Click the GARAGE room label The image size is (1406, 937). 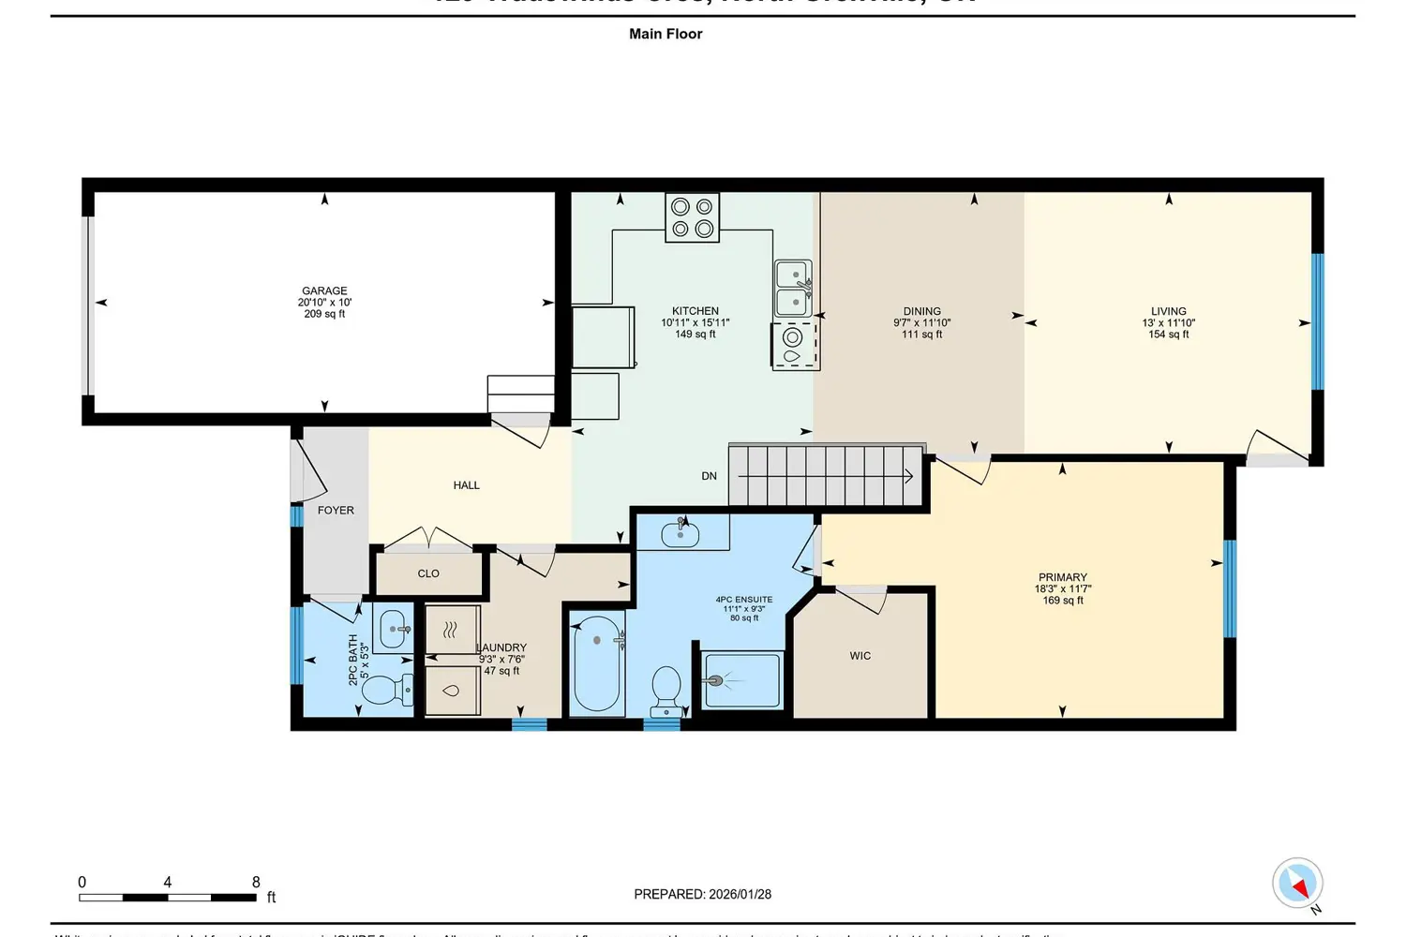pos(324,291)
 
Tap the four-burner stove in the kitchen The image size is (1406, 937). pos(693,217)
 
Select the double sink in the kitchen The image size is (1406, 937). pos(793,289)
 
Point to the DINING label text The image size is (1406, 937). pos(921,311)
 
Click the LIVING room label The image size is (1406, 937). pos(1168,311)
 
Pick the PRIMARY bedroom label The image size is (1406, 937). pos(1062,578)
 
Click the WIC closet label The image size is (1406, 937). pos(860,656)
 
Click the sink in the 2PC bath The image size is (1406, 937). pos(394,630)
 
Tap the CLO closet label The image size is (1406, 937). pos(428,573)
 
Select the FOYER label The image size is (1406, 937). pos(336,511)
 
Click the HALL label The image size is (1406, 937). pos(466,485)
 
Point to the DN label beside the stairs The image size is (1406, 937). pos(709,476)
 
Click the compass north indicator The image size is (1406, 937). pos(1298,884)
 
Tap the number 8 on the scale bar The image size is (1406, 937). pos(256,882)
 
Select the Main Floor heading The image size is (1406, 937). pos(666,34)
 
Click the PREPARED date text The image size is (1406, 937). pos(702,894)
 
